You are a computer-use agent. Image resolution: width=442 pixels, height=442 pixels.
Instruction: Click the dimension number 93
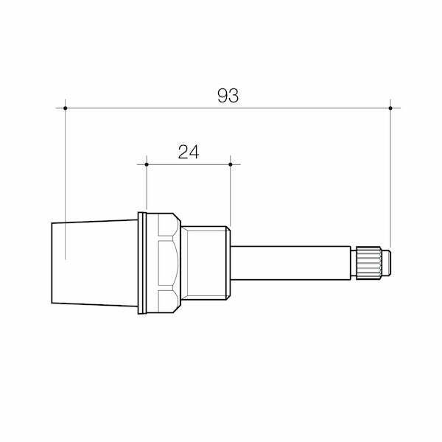228,96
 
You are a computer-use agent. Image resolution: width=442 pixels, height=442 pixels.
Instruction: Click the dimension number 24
189,152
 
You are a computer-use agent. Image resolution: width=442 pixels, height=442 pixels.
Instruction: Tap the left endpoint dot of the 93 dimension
66,108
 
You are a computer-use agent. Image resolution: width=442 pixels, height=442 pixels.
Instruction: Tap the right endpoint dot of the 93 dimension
390,108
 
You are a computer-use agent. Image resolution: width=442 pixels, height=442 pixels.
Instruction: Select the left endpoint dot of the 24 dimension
147,164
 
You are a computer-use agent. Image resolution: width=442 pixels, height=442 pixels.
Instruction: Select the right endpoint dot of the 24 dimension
231,164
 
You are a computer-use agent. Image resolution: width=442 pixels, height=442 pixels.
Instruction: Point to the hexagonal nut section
167,263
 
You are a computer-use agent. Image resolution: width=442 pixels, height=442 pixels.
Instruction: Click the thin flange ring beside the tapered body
141,263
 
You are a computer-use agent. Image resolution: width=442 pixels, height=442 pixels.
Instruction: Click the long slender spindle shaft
291,263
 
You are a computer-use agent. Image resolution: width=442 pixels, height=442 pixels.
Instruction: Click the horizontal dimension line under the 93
295,108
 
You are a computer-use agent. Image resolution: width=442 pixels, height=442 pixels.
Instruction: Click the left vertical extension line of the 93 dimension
66,184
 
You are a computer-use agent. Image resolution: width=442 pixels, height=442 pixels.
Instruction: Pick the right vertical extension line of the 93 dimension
390,184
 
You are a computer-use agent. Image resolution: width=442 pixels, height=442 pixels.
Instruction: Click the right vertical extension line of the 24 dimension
231,195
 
